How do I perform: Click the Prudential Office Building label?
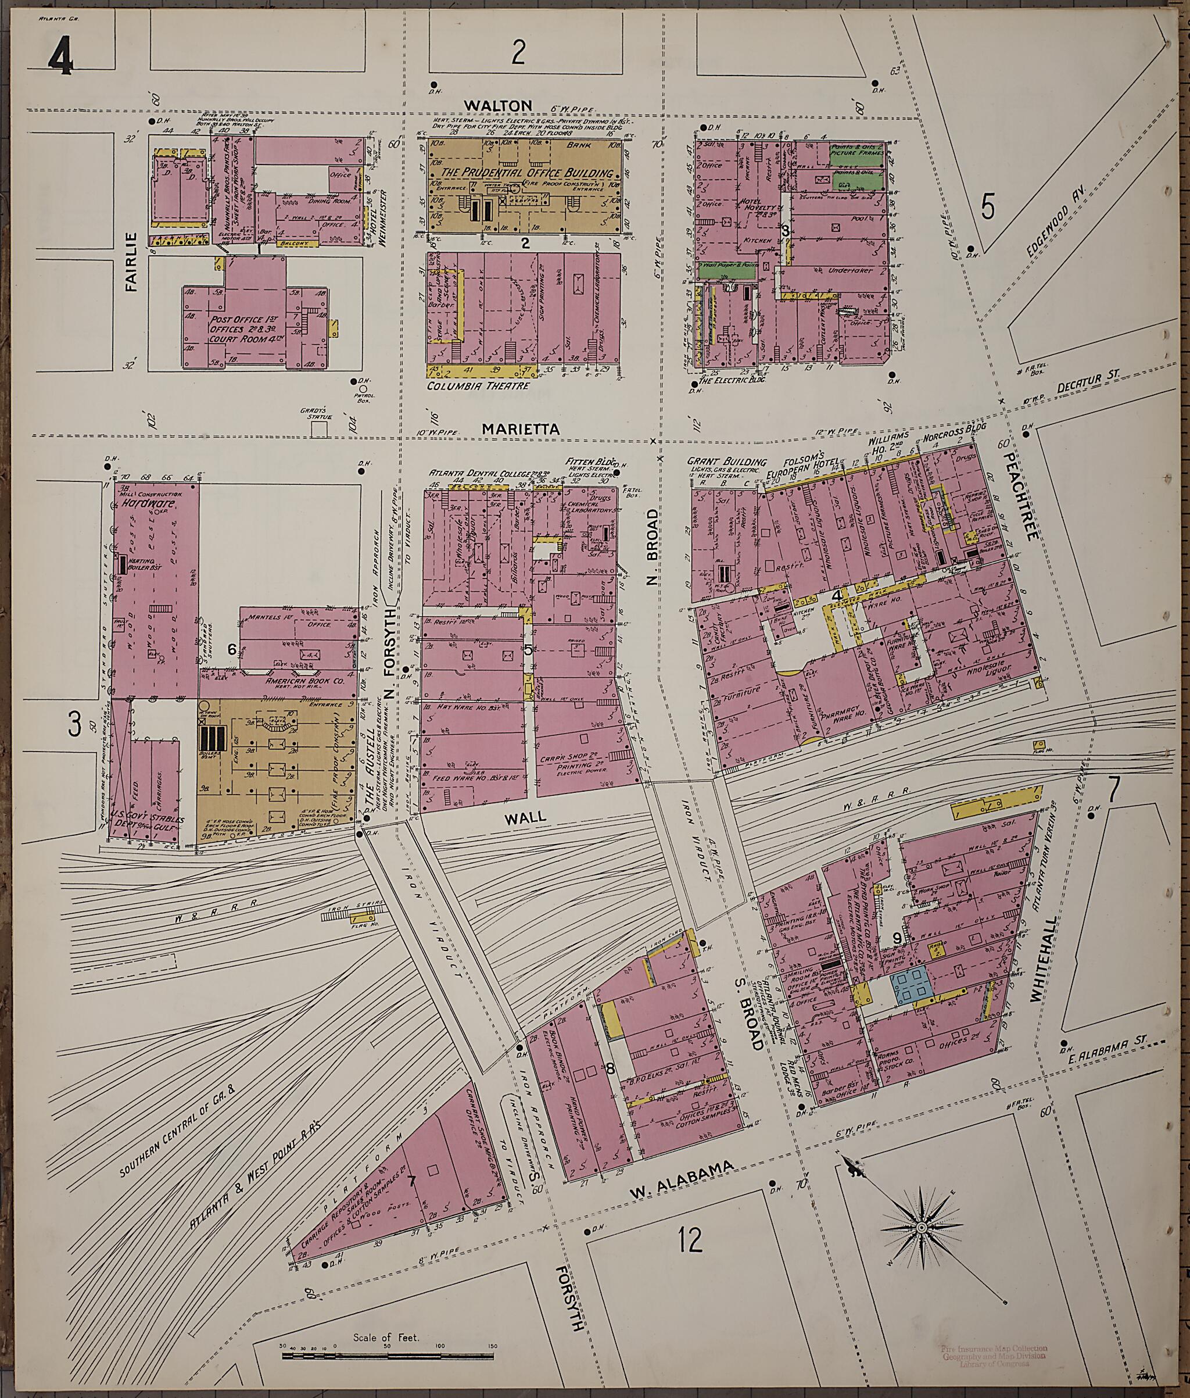(523, 173)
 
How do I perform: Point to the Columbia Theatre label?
(478, 387)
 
